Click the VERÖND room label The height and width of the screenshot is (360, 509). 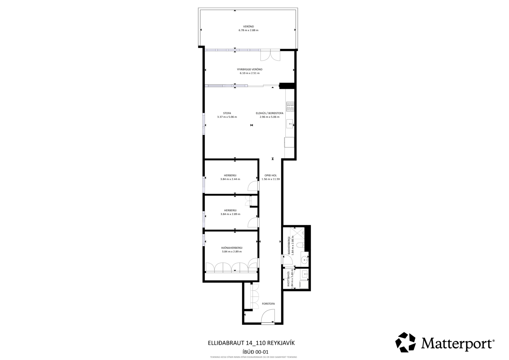tap(248, 26)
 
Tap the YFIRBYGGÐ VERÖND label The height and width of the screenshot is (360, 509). tap(249, 69)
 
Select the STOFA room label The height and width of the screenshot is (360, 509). tap(227, 113)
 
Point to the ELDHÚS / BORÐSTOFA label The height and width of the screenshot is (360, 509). tap(269, 113)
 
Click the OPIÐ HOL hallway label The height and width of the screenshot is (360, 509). tap(271, 175)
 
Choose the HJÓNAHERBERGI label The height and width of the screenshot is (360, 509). tap(232, 248)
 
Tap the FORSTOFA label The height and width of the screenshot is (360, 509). tap(268, 303)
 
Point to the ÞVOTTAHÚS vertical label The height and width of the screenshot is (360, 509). tap(288, 279)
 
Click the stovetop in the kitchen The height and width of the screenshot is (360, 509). tap(290, 106)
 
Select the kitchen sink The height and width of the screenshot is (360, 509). tap(290, 124)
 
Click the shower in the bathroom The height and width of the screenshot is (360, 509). tap(297, 233)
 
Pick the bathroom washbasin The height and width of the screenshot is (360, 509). tap(304, 259)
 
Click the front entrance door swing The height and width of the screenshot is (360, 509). tap(268, 316)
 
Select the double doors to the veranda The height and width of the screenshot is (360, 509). tap(270, 55)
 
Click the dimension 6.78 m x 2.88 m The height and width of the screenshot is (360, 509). tap(248, 30)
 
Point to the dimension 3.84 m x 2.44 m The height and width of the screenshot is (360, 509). tap(230, 179)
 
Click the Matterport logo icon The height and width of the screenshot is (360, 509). tap(405, 342)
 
